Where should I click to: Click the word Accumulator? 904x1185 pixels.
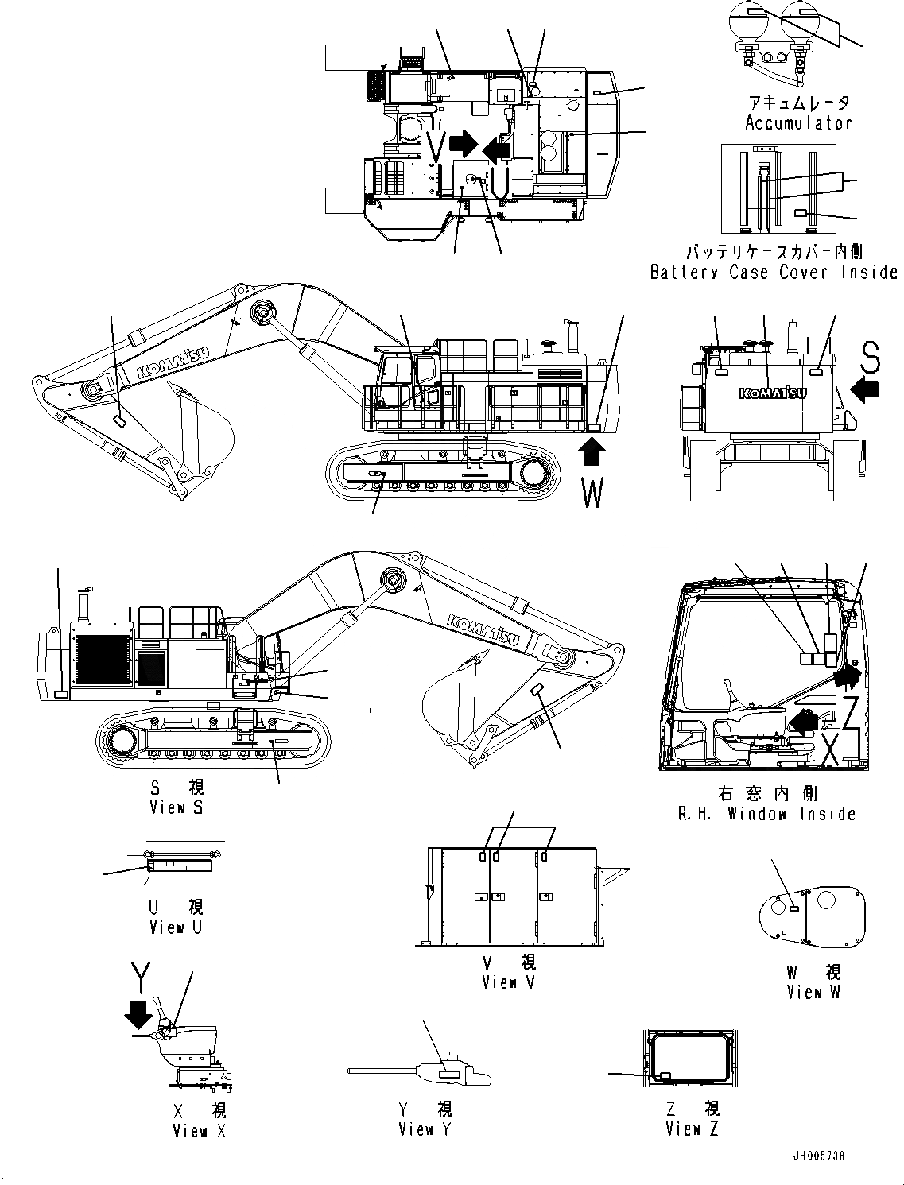pyautogui.click(x=797, y=123)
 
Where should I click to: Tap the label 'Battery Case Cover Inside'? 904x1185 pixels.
pyautogui.click(x=773, y=272)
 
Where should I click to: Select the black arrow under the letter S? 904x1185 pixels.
pyautogui.click(x=865, y=389)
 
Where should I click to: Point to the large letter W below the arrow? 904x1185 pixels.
pyautogui.click(x=592, y=493)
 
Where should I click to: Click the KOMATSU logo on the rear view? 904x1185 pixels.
pyautogui.click(x=773, y=393)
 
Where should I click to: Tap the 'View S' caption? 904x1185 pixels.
pyautogui.click(x=177, y=807)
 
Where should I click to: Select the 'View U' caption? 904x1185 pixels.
pyautogui.click(x=176, y=927)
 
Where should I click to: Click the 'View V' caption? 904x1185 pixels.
pyautogui.click(x=509, y=982)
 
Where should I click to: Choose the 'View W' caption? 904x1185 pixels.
pyautogui.click(x=813, y=992)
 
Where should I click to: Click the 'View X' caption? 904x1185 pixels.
pyautogui.click(x=199, y=1130)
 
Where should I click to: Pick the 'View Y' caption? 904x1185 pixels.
pyautogui.click(x=425, y=1129)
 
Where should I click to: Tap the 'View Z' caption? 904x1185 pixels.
pyautogui.click(x=692, y=1129)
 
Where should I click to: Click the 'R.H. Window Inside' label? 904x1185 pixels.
pyautogui.click(x=766, y=814)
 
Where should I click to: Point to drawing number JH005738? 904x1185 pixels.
pyautogui.click(x=818, y=1155)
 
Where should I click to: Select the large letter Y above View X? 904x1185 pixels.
pyautogui.click(x=140, y=978)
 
